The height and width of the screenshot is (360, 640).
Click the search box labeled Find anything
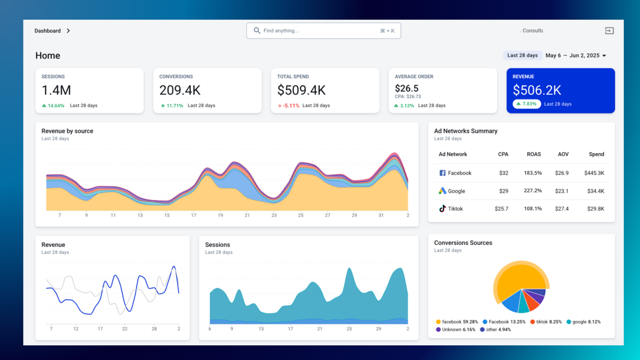pyautogui.click(x=323, y=31)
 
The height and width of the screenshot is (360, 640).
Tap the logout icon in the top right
pyautogui.click(x=609, y=31)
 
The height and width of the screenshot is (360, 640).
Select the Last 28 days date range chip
pyautogui.click(x=522, y=55)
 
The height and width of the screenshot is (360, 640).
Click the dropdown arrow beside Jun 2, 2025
pyautogui.click(x=604, y=56)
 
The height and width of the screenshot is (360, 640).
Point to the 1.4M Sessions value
pyautogui.click(x=56, y=90)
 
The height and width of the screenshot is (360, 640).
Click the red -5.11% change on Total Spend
pyautogui.click(x=289, y=106)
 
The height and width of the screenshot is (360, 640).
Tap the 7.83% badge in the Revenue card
pyautogui.click(x=527, y=104)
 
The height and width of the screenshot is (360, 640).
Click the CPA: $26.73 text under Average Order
pyautogui.click(x=408, y=97)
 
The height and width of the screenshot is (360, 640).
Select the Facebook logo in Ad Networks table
pyautogui.click(x=442, y=173)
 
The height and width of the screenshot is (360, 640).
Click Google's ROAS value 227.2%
pyautogui.click(x=533, y=191)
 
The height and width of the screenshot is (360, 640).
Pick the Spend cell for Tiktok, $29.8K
pyautogui.click(x=595, y=209)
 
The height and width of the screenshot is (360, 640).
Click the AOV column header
pyautogui.click(x=563, y=154)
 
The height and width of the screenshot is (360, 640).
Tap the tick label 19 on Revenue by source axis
pyautogui.click(x=220, y=215)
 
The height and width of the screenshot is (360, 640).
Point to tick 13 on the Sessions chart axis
pyautogui.click(x=261, y=329)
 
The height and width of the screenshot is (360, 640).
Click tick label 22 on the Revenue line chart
pyautogui.click(x=125, y=329)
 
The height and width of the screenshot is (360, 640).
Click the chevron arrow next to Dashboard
pyautogui.click(x=68, y=31)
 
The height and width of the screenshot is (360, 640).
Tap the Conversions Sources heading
pyautogui.click(x=463, y=243)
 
